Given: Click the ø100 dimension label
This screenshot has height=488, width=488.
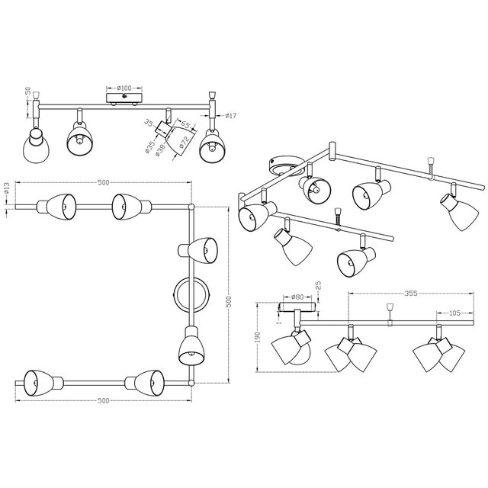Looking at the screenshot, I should (123, 88).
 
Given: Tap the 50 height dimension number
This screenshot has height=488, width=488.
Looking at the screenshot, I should (27, 91).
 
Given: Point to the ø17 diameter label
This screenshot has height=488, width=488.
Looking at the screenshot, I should (230, 116).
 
